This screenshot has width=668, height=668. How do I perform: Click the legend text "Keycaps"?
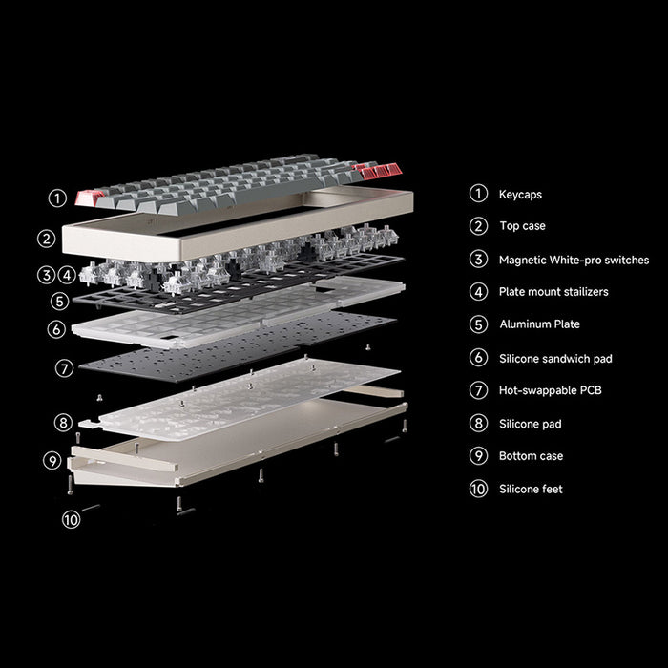[520, 195]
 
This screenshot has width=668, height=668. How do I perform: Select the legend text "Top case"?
[522, 227]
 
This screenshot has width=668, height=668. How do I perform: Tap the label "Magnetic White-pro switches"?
[573, 260]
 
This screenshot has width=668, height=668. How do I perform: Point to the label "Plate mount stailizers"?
[553, 292]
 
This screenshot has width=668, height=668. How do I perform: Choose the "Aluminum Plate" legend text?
[539, 324]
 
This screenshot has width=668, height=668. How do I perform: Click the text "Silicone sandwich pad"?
[555, 359]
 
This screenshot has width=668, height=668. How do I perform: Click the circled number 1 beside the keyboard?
[58, 198]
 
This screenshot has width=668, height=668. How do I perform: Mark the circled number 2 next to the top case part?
[47, 239]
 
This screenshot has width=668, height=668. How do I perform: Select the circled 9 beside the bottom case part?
[52, 460]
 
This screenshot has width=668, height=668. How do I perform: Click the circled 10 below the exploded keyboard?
[72, 520]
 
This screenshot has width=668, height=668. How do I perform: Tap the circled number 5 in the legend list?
[478, 324]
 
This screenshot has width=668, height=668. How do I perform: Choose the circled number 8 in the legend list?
[478, 424]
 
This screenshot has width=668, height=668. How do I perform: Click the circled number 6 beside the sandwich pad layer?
[56, 328]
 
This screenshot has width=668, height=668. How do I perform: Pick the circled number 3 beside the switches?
[47, 275]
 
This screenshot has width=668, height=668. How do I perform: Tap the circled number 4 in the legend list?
[478, 292]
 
